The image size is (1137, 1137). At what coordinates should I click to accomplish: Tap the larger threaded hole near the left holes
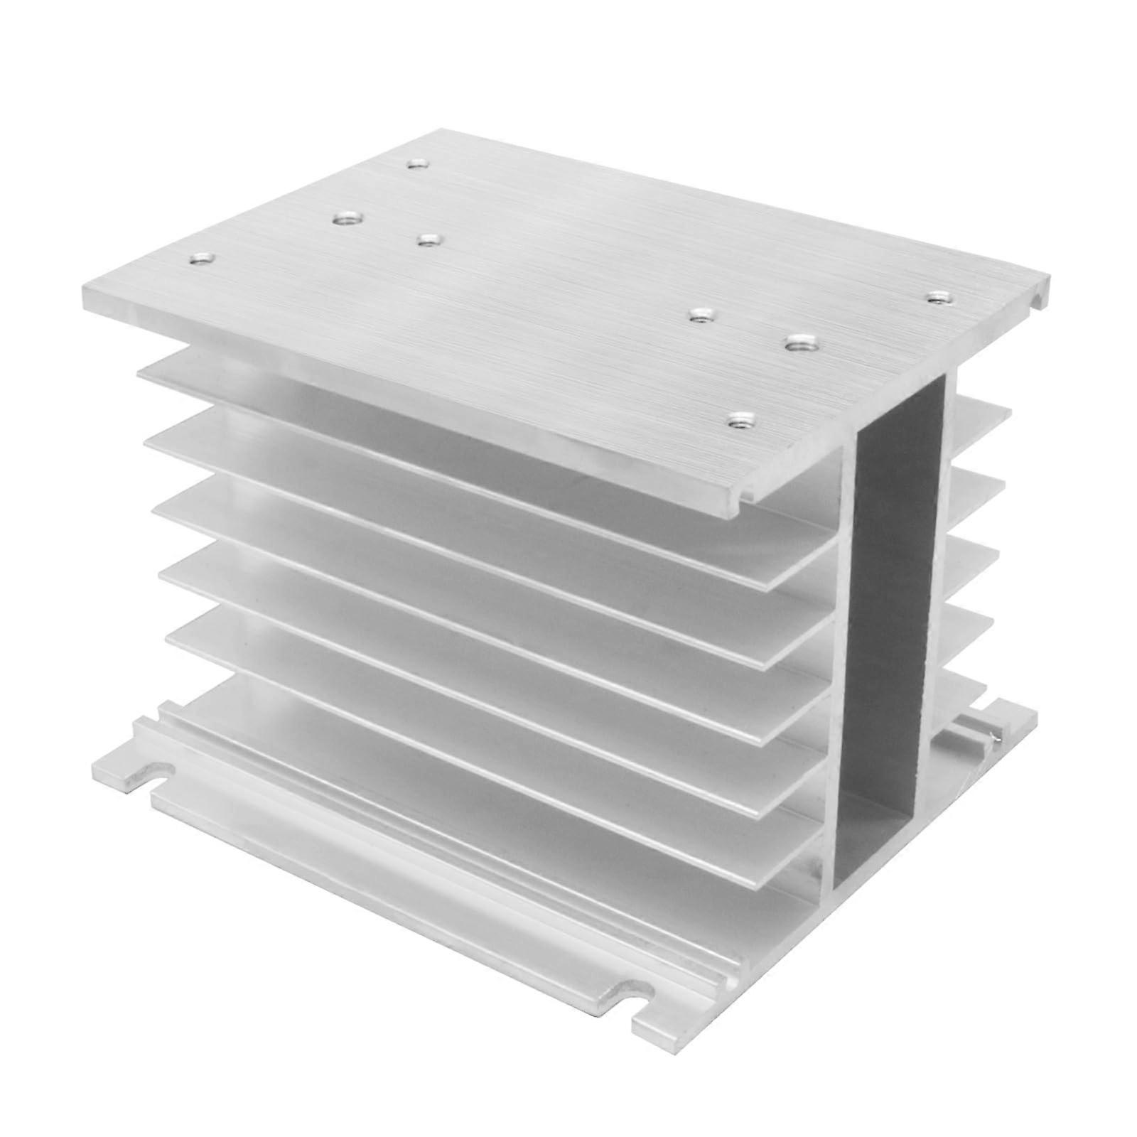(346, 217)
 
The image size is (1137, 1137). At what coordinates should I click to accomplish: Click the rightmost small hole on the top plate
(940, 296)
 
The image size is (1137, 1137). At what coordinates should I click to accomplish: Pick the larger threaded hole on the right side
(802, 345)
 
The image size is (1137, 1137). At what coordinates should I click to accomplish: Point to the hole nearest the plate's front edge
(743, 421)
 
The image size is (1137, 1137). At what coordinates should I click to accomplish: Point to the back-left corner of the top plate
(441, 131)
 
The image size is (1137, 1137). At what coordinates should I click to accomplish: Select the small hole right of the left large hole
(426, 240)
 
